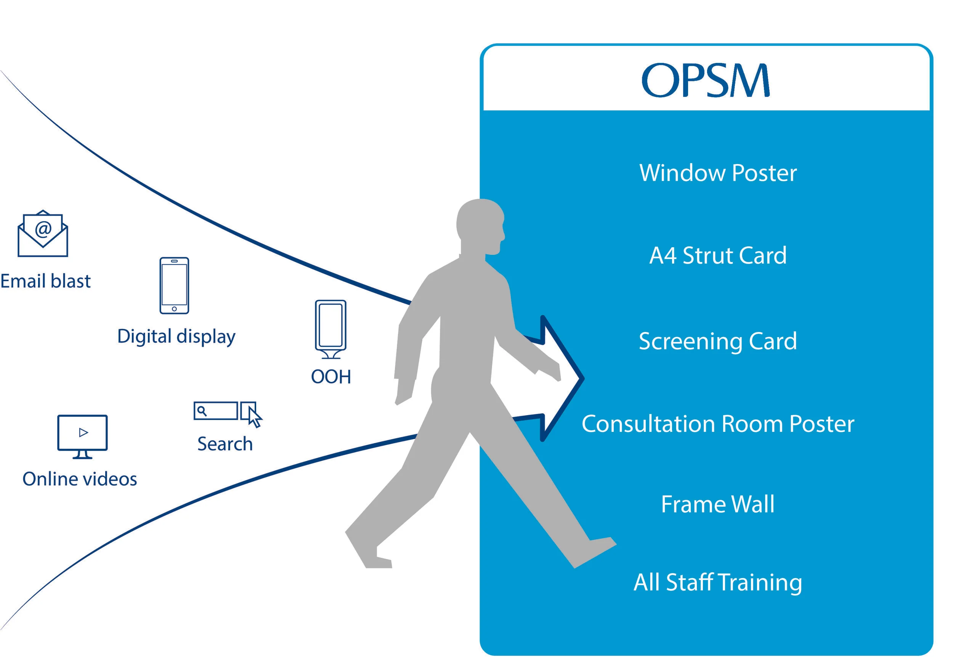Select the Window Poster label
[718, 173]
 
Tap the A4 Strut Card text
[718, 256]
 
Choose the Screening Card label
[718, 341]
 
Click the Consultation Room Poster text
[718, 424]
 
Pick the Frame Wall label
[718, 504]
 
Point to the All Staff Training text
[718, 583]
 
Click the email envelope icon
[43, 234]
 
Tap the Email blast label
[45, 282]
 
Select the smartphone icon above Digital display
[174, 286]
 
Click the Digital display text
[176, 337]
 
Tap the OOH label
[331, 377]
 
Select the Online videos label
[80, 479]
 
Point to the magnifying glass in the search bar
[202, 411]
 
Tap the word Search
[225, 444]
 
